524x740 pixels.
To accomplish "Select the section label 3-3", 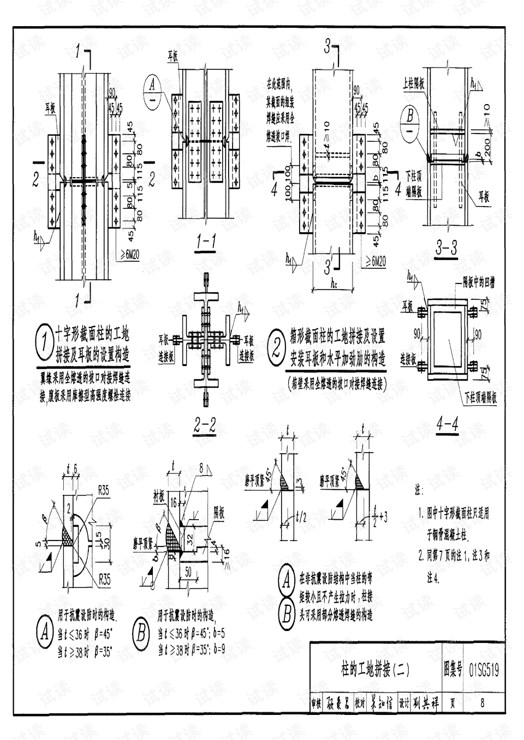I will click(446, 249).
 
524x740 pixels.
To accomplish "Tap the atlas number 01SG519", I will click(484, 670).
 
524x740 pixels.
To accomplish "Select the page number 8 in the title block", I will click(482, 703).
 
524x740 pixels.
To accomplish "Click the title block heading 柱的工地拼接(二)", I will click(375, 669).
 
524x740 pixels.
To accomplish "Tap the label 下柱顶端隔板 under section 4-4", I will click(480, 397).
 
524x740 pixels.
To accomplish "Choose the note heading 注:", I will click(419, 491).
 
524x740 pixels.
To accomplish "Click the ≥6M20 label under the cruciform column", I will click(129, 256).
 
